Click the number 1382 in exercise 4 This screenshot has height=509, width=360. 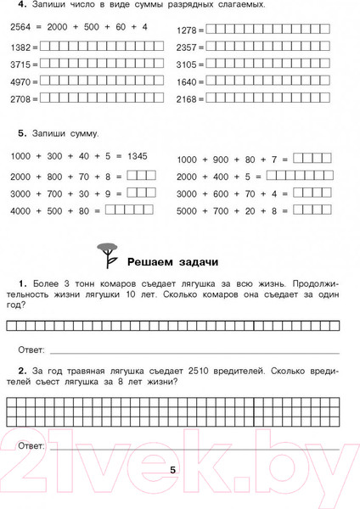tap(20, 48)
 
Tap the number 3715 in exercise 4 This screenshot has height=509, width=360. tap(20, 64)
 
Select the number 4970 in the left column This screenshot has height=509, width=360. tap(20, 81)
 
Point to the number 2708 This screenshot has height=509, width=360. tap(20, 98)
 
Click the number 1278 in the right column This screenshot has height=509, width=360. tap(186, 30)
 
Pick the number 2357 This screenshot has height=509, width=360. tap(186, 48)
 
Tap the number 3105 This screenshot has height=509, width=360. tap(186, 64)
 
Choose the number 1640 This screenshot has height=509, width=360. tap(186, 81)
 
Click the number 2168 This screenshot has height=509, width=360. tap(186, 98)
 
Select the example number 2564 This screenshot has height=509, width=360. tap(20, 28)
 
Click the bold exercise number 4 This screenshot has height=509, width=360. tap(20, 4)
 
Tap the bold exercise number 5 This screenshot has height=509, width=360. tap(20, 133)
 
